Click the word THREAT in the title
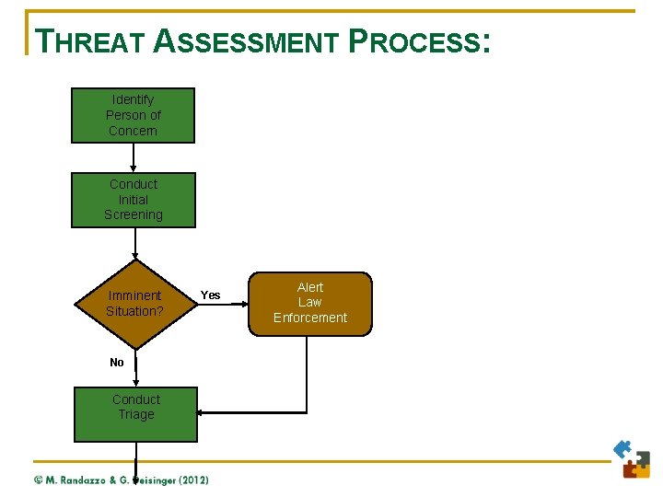[x=89, y=41]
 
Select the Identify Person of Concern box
[x=134, y=115]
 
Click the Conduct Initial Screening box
[x=134, y=200]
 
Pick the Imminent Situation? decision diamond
[x=134, y=303]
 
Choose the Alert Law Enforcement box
[x=310, y=303]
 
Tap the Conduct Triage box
[x=136, y=413]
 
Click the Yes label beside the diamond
[x=210, y=295]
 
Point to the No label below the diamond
[x=117, y=363]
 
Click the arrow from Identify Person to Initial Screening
[x=134, y=158]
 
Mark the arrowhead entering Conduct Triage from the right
[x=203, y=412]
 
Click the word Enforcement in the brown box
[x=310, y=318]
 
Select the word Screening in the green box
[x=134, y=215]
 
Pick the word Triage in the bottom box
[x=136, y=415]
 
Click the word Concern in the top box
[x=134, y=131]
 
